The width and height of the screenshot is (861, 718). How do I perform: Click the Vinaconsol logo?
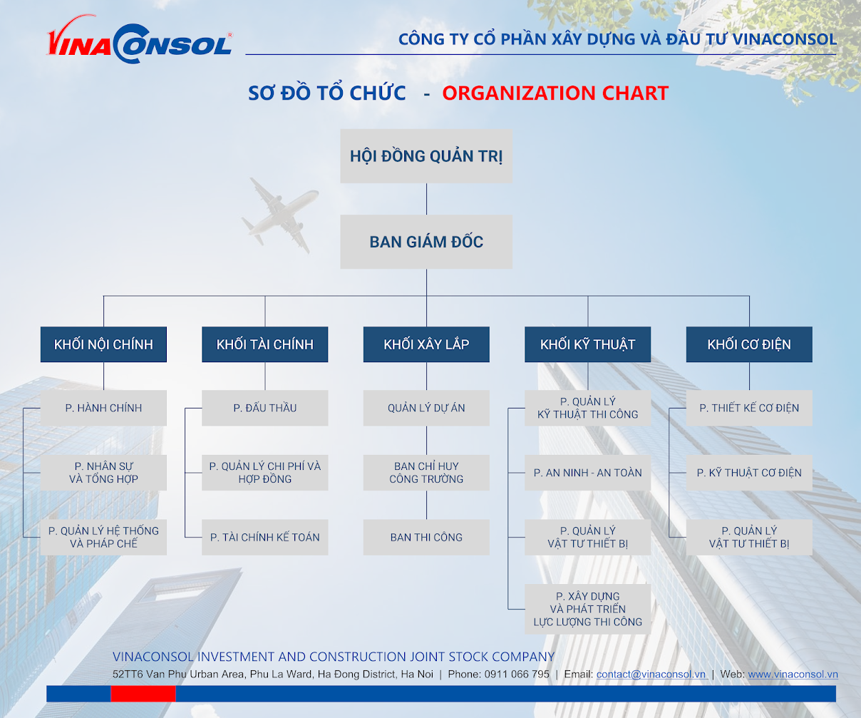click(x=140, y=40)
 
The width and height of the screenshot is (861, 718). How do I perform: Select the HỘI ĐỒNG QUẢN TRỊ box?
click(x=426, y=156)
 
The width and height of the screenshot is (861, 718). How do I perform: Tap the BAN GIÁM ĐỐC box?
click(x=426, y=242)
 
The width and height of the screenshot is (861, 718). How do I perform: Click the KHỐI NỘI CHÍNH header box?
click(x=103, y=344)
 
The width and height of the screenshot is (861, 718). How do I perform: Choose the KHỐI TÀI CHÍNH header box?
click(x=264, y=344)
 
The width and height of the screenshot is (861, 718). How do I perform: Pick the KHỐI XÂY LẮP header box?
click(x=426, y=344)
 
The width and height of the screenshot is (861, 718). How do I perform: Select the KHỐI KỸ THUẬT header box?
click(x=587, y=344)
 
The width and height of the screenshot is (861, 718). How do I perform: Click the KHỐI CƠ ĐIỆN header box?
click(x=749, y=344)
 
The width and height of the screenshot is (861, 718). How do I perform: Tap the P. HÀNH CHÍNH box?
click(x=103, y=408)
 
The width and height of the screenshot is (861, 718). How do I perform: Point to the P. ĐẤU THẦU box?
click(x=264, y=408)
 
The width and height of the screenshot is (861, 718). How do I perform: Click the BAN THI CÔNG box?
click(x=426, y=538)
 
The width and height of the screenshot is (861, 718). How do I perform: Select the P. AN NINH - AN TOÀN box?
click(x=587, y=473)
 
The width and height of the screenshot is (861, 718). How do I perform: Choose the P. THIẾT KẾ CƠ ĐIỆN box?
click(x=749, y=408)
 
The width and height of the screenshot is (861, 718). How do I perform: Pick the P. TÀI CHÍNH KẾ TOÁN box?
click(x=264, y=538)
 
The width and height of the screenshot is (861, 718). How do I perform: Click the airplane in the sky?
click(x=280, y=215)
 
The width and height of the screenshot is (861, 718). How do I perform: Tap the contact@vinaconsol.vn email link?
click(x=651, y=675)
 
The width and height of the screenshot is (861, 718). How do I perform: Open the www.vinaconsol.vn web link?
click(x=793, y=675)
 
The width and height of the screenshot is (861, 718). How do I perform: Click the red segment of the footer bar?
click(x=143, y=694)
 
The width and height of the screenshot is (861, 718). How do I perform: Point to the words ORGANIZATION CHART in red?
click(x=555, y=93)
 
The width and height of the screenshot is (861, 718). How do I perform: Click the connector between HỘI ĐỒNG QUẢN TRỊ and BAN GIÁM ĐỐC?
click(x=426, y=199)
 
